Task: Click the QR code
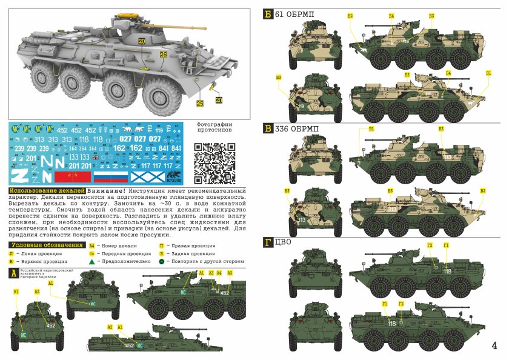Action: (x=215, y=162)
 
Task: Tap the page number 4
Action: (x=494, y=346)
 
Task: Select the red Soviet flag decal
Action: (x=73, y=177)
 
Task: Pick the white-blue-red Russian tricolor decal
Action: (x=110, y=177)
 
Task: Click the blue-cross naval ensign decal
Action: (x=147, y=177)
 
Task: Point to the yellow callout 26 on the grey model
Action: (x=163, y=54)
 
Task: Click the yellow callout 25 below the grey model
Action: (x=200, y=104)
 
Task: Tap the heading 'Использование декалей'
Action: (x=46, y=191)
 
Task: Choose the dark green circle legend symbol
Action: (x=162, y=262)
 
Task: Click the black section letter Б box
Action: (x=268, y=14)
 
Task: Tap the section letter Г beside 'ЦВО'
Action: (x=268, y=242)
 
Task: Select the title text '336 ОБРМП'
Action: (x=298, y=128)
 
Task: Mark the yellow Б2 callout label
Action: (x=350, y=15)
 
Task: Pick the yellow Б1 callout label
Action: (x=488, y=73)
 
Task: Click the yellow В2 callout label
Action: (x=483, y=190)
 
